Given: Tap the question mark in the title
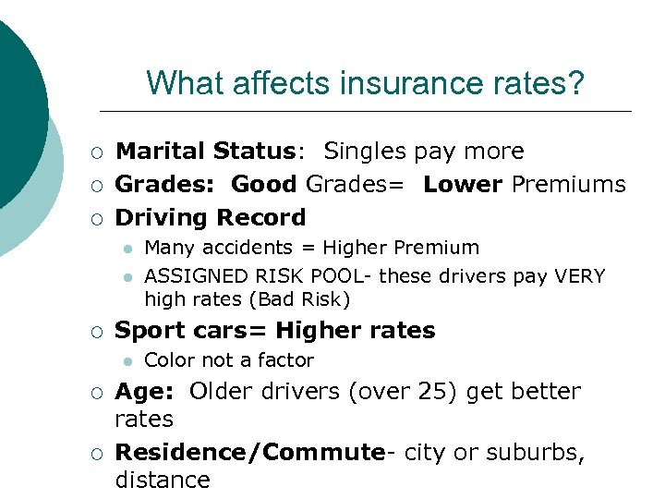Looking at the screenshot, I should [576, 84].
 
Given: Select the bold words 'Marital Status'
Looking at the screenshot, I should [202, 151].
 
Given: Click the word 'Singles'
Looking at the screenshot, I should [364, 151].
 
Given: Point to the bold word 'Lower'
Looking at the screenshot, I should [463, 184].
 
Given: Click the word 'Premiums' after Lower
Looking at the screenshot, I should [568, 184].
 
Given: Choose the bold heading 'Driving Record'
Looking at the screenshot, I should [210, 217].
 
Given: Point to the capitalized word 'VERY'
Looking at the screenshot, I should [578, 276].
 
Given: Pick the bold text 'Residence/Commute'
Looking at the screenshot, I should [249, 452].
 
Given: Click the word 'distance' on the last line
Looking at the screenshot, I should [163, 480].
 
